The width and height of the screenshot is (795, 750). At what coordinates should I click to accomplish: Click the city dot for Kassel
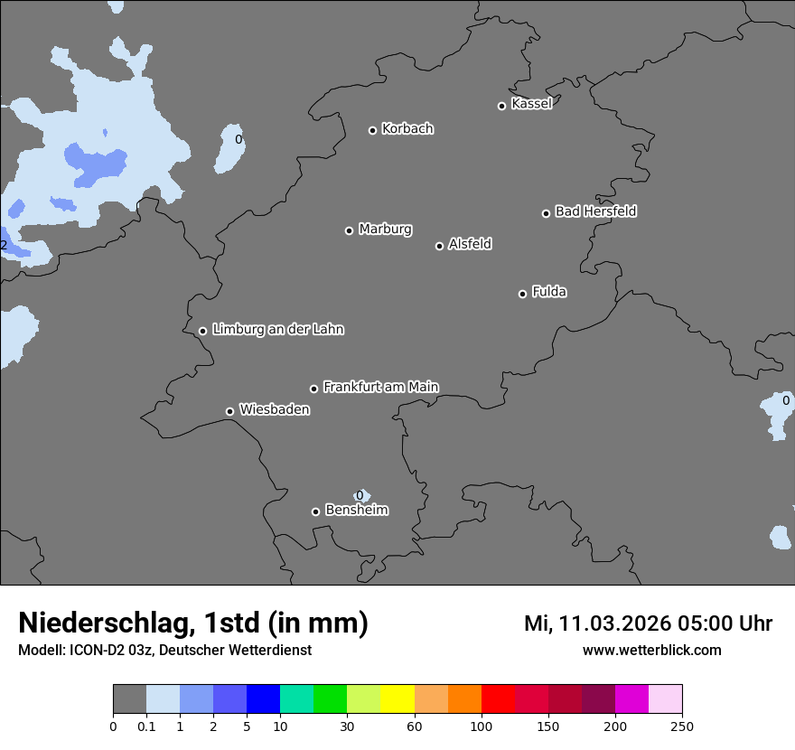[501, 106]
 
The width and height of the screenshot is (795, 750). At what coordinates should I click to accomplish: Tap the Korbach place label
[407, 129]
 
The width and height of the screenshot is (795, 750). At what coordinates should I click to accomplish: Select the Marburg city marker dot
[349, 230]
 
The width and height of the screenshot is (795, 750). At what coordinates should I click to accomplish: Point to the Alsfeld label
[470, 244]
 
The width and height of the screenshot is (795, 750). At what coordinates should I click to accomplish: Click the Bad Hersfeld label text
[595, 211]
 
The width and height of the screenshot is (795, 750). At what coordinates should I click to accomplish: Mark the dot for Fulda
[522, 294]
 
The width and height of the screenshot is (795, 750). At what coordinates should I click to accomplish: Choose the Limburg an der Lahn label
[277, 330]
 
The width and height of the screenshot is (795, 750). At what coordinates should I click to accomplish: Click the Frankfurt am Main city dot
[313, 389]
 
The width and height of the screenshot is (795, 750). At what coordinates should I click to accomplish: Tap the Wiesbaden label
[274, 410]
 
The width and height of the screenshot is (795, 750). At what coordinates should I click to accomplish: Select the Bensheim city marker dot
[315, 511]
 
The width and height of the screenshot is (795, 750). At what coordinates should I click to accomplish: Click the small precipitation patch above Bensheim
[362, 495]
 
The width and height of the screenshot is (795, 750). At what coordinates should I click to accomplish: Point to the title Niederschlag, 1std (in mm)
[193, 623]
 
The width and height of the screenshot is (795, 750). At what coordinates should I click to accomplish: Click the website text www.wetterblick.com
[651, 651]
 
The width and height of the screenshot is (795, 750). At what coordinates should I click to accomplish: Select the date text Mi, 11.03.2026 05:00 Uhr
[648, 623]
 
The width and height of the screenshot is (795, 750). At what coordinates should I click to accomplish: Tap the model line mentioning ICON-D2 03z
[164, 651]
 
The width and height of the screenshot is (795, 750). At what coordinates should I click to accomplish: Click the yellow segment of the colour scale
[397, 699]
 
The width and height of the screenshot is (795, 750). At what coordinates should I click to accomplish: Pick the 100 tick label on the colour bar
[482, 726]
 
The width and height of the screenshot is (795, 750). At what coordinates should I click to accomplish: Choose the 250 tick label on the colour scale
[682, 726]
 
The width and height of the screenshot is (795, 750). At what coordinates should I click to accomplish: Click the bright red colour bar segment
[498, 699]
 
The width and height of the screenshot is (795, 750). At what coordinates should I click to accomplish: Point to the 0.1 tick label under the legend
[146, 726]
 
